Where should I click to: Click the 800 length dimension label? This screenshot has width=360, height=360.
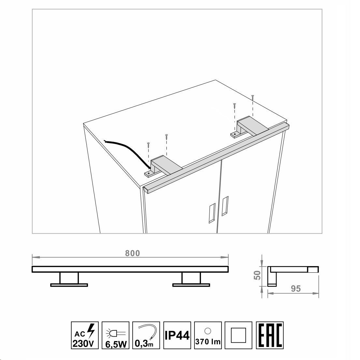[132, 253]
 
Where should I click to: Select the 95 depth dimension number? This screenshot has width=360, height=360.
[296, 289]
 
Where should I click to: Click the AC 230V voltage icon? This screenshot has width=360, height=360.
[85, 335]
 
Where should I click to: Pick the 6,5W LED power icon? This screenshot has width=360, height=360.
[115, 335]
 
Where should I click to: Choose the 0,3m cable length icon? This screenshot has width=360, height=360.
[146, 335]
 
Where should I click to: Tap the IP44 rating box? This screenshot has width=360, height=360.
[177, 335]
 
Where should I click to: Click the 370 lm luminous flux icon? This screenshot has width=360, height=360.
[208, 335]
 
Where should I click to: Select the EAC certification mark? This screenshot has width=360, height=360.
[270, 335]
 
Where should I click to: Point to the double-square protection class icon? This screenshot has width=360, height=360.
[238, 335]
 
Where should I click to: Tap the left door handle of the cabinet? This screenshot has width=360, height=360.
[212, 213]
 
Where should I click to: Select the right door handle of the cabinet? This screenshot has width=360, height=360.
[225, 206]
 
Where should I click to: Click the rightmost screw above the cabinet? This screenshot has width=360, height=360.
[252, 97]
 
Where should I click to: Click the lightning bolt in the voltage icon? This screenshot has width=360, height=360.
[91, 330]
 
